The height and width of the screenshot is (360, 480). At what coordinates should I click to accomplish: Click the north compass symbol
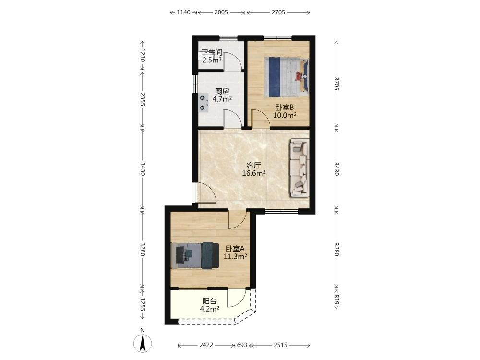[x=143, y=343]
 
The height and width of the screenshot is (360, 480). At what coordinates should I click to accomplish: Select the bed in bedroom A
[x=195, y=255]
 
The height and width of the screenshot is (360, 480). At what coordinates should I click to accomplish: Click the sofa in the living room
[x=299, y=168]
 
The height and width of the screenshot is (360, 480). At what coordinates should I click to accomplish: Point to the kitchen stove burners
[x=203, y=103]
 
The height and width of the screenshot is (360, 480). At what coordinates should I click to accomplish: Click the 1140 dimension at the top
[x=184, y=12]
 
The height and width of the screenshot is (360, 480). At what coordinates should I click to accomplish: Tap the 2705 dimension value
[x=278, y=12]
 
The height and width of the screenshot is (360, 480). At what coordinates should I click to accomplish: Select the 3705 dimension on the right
[x=336, y=84]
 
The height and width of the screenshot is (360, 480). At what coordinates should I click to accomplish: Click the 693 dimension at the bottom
[x=242, y=345]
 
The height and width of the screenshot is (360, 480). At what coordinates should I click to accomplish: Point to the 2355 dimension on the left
[x=142, y=99]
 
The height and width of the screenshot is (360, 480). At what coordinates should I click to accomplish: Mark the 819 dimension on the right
[x=336, y=300]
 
